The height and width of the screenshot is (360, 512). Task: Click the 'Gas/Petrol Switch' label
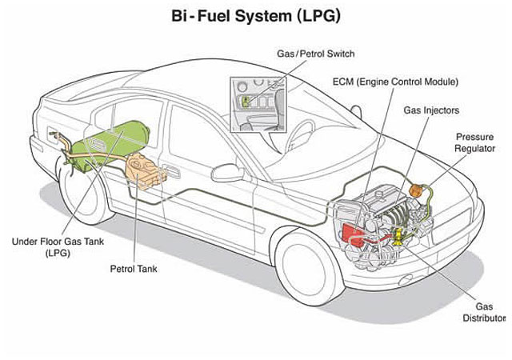pyautogui.click(x=315, y=54)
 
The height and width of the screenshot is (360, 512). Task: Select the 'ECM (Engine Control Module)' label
pyautogui.click(x=394, y=82)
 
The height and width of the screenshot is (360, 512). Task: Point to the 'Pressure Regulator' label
pyautogui.click(x=474, y=142)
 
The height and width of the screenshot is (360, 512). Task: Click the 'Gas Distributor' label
pyautogui.click(x=484, y=312)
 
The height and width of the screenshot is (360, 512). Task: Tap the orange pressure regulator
pyautogui.click(x=416, y=191)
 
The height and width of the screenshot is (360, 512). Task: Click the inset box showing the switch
pyautogui.click(x=257, y=103)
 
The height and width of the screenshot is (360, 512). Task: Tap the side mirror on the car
pyautogui.click(x=227, y=171)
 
